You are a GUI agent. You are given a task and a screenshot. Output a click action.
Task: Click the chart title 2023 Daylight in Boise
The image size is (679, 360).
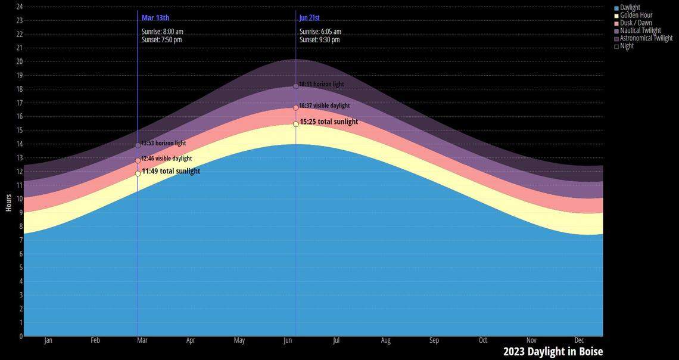click(x=553, y=352)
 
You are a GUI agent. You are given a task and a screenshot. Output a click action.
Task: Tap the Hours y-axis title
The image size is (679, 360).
click(x=8, y=203)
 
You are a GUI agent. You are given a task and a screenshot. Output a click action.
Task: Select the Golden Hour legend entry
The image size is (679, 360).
click(x=636, y=15)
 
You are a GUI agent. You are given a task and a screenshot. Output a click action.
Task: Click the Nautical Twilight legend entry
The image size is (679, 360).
click(x=640, y=30)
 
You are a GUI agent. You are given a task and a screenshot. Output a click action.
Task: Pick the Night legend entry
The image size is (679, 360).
click(x=627, y=46)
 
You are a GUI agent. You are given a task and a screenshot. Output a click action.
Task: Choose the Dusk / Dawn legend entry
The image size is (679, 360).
click(x=636, y=23)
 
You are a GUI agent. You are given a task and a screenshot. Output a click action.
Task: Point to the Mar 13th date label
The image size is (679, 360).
click(x=155, y=18)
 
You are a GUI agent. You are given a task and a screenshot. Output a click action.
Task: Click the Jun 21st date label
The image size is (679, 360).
click(x=310, y=18)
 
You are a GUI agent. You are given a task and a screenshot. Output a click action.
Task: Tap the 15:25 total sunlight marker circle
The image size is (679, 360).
click(x=296, y=124)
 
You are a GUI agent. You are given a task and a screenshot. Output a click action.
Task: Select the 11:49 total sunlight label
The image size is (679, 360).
click(x=171, y=171)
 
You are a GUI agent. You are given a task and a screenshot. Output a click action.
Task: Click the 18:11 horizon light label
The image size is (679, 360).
click(x=322, y=85)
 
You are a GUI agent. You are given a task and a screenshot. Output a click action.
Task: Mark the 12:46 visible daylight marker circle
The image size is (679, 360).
click(x=138, y=160)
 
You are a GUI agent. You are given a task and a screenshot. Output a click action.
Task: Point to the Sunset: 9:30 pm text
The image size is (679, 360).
click(x=320, y=40)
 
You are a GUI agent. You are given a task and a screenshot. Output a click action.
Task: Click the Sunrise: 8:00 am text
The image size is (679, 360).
click(x=163, y=32)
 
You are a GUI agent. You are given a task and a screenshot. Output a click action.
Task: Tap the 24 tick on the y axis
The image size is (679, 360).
click(x=19, y=7)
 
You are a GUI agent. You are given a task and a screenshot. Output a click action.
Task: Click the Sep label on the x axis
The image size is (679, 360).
click(x=434, y=340)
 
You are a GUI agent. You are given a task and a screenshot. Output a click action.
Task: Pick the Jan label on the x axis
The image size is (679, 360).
click(x=48, y=340)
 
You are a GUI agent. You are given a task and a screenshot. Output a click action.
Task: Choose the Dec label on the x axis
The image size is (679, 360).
click(x=580, y=340)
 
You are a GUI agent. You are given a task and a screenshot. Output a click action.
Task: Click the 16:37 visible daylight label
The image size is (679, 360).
click(x=325, y=105)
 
